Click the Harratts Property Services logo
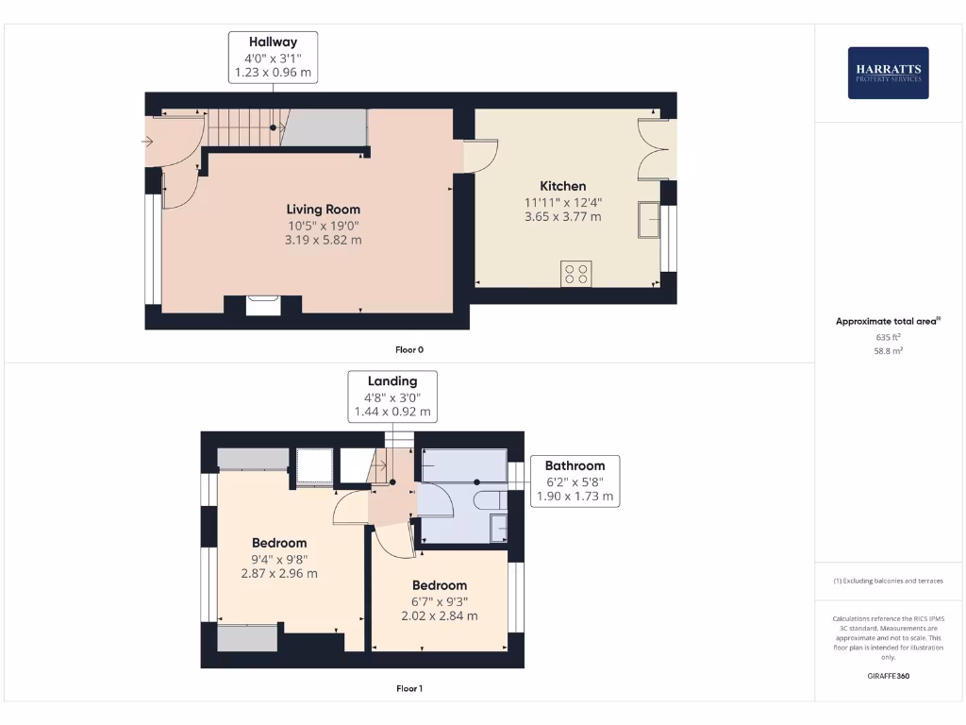(888, 73)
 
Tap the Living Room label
(324, 209)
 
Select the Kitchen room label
(562, 186)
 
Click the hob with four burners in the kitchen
(575, 274)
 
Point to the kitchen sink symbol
(649, 218)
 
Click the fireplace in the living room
(262, 305)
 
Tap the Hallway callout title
(273, 42)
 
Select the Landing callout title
(391, 381)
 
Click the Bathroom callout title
(575, 465)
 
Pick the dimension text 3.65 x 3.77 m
(562, 217)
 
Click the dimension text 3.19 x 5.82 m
(324, 241)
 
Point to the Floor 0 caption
(408, 350)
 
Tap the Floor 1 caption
(408, 689)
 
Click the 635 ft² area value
(888, 336)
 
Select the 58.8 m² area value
(888, 350)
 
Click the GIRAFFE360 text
(888, 676)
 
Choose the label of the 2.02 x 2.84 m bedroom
(439, 585)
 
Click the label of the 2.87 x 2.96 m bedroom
(279, 543)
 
